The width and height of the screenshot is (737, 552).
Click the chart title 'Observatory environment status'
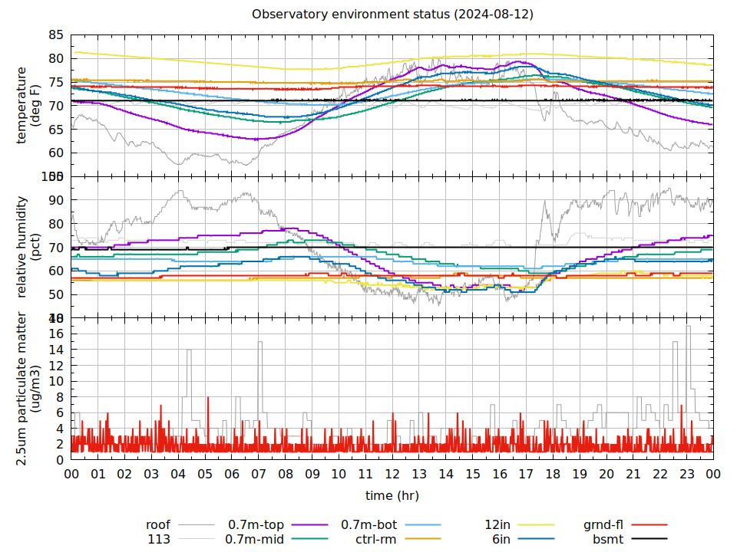click(x=392, y=15)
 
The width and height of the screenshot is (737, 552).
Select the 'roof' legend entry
click(x=158, y=525)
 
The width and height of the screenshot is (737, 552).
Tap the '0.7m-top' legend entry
click(x=256, y=525)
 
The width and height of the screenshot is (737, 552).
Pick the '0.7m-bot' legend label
click(x=368, y=525)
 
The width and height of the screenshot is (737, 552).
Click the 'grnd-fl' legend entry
click(x=603, y=525)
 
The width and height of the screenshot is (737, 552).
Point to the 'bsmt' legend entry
click(x=607, y=539)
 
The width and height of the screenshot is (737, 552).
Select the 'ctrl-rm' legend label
click(x=375, y=539)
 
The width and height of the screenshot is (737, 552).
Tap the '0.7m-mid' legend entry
click(x=255, y=539)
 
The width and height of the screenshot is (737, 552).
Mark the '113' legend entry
click(x=159, y=539)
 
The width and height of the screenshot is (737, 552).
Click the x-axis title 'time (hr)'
click(x=392, y=496)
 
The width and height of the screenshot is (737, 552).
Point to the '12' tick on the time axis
click(x=392, y=475)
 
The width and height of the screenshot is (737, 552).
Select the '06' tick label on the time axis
click(x=232, y=475)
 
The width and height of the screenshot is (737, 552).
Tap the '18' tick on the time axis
click(x=553, y=475)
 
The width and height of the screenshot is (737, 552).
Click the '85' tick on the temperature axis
click(x=56, y=34)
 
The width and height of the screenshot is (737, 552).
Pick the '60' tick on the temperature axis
click(x=56, y=153)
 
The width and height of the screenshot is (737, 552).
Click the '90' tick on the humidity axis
click(x=56, y=200)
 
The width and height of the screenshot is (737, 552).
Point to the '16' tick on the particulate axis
click(x=56, y=333)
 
